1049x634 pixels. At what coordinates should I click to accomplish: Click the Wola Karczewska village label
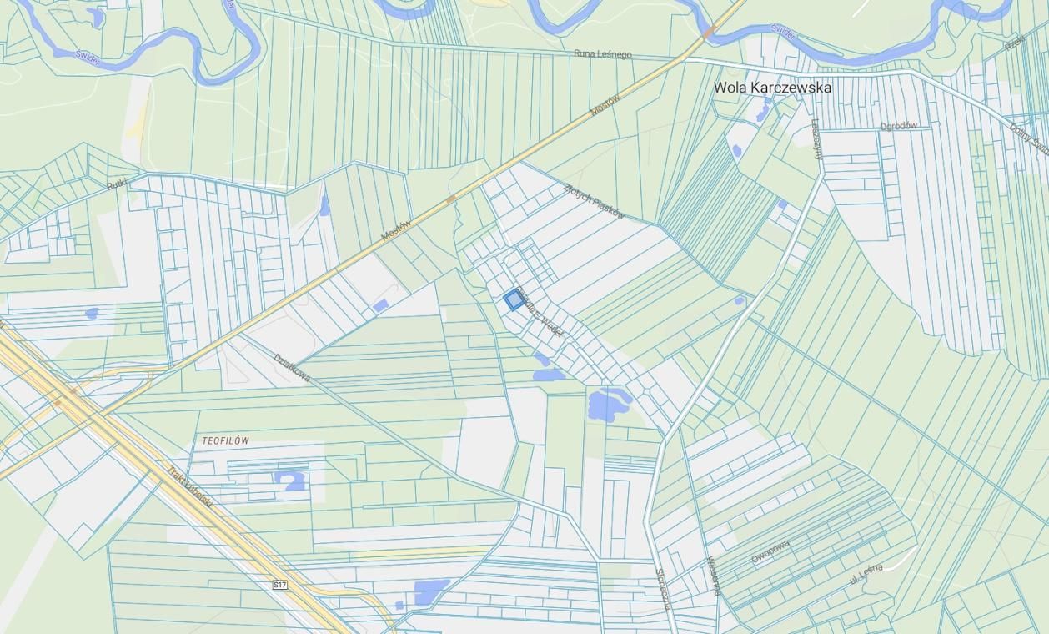tap(772, 87)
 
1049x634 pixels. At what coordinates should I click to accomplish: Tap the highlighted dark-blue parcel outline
tap(514, 301)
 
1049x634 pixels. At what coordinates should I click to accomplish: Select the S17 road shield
tap(280, 586)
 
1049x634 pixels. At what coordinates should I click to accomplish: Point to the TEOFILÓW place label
tap(225, 440)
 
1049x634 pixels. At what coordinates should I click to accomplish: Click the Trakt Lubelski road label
tap(190, 487)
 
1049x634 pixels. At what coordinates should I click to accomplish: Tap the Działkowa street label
tap(292, 368)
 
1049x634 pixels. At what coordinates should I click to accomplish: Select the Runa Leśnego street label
tap(602, 54)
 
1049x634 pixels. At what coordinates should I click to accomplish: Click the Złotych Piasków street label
tap(594, 201)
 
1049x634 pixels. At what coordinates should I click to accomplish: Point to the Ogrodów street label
tap(898, 126)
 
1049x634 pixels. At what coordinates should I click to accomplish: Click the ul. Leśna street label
tap(865, 574)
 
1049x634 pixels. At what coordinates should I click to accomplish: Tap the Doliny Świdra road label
tap(1029, 138)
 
